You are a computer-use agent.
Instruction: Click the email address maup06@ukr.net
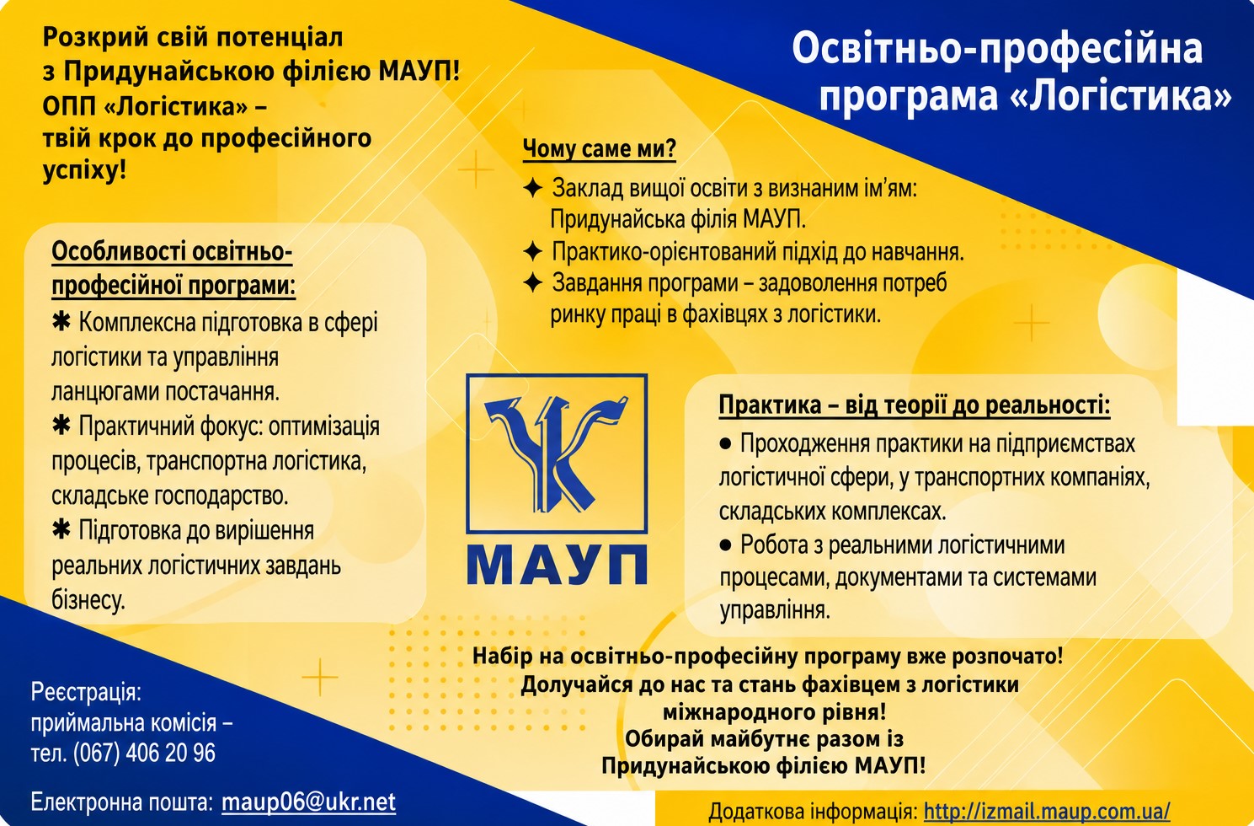coord(308,802)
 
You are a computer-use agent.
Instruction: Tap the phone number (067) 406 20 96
coord(144,753)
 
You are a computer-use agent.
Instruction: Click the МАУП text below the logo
coord(557,566)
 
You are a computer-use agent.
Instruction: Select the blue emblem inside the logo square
coord(557,453)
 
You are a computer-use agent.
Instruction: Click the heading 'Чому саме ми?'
coord(600,149)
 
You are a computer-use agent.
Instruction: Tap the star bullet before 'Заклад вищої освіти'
coord(531,188)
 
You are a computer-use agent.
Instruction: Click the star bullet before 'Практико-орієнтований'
coord(531,252)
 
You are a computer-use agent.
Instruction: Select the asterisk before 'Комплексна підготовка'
coord(61,322)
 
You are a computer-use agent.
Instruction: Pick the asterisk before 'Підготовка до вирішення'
coord(61,529)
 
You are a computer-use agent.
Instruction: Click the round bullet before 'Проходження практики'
coord(725,444)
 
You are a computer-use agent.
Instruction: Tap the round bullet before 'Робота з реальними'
coord(725,544)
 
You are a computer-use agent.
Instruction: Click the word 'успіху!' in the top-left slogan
coord(84,170)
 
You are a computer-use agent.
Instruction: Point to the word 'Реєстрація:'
coord(86,693)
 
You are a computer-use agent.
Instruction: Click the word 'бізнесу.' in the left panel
coord(88,600)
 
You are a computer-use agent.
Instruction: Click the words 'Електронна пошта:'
coord(122,802)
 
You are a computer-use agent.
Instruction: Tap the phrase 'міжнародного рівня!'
coord(775,712)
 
